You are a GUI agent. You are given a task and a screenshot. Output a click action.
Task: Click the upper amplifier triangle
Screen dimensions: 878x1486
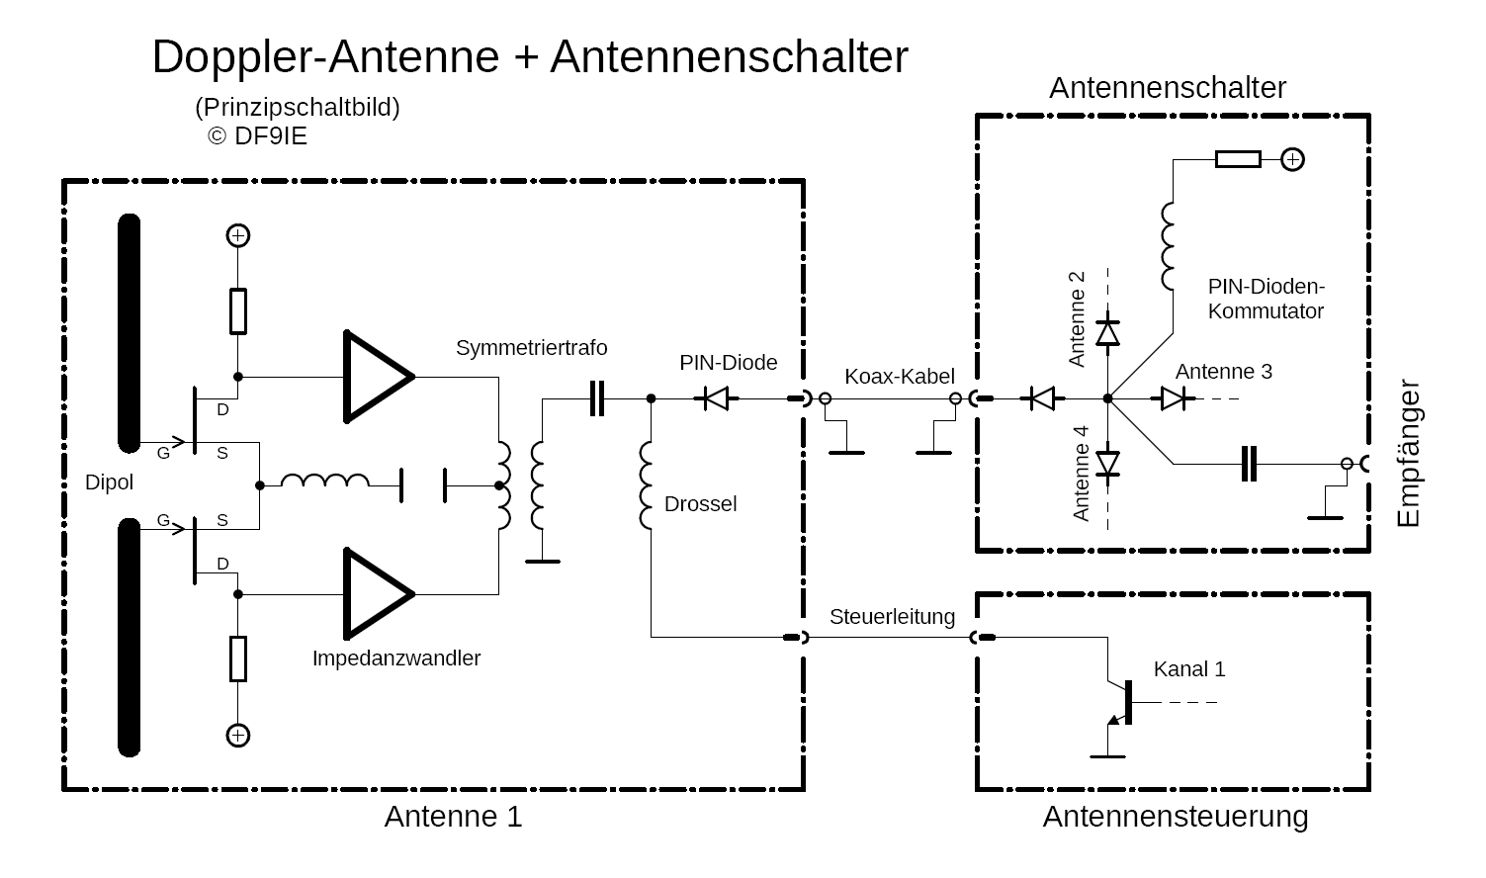[373, 377]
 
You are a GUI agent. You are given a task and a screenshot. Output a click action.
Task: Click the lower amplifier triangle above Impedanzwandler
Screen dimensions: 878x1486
[373, 594]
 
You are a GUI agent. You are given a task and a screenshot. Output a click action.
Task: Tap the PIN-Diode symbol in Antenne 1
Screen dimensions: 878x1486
[715, 398]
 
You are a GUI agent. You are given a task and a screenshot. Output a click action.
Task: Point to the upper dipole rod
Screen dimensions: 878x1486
[129, 332]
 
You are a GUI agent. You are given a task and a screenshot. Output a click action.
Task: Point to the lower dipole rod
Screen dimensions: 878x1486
[129, 637]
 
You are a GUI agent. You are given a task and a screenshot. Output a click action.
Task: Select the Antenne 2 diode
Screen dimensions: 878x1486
[1108, 332]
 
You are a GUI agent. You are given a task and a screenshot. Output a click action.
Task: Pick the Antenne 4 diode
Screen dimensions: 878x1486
[1108, 463]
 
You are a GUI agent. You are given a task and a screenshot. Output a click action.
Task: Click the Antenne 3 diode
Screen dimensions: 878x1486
[1174, 398]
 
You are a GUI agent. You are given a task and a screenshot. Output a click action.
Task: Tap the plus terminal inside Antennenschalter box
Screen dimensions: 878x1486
[1292, 159]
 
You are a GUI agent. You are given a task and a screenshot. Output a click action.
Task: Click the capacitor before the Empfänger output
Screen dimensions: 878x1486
[1249, 463]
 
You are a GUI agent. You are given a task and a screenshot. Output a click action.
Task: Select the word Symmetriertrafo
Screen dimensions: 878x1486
[531, 348]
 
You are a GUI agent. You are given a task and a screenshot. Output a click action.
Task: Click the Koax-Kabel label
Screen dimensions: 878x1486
[900, 376]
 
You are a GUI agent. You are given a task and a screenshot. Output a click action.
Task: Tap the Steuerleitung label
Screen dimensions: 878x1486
[892, 617]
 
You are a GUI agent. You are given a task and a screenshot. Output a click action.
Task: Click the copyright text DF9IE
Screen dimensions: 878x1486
[258, 136]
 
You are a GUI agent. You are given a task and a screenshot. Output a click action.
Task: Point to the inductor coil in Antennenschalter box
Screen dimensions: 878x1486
[1170, 243]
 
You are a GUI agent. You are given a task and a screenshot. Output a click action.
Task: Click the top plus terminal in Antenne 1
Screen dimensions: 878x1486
[237, 235]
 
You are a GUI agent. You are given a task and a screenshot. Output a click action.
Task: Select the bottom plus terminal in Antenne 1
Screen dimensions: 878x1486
[237, 735]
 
